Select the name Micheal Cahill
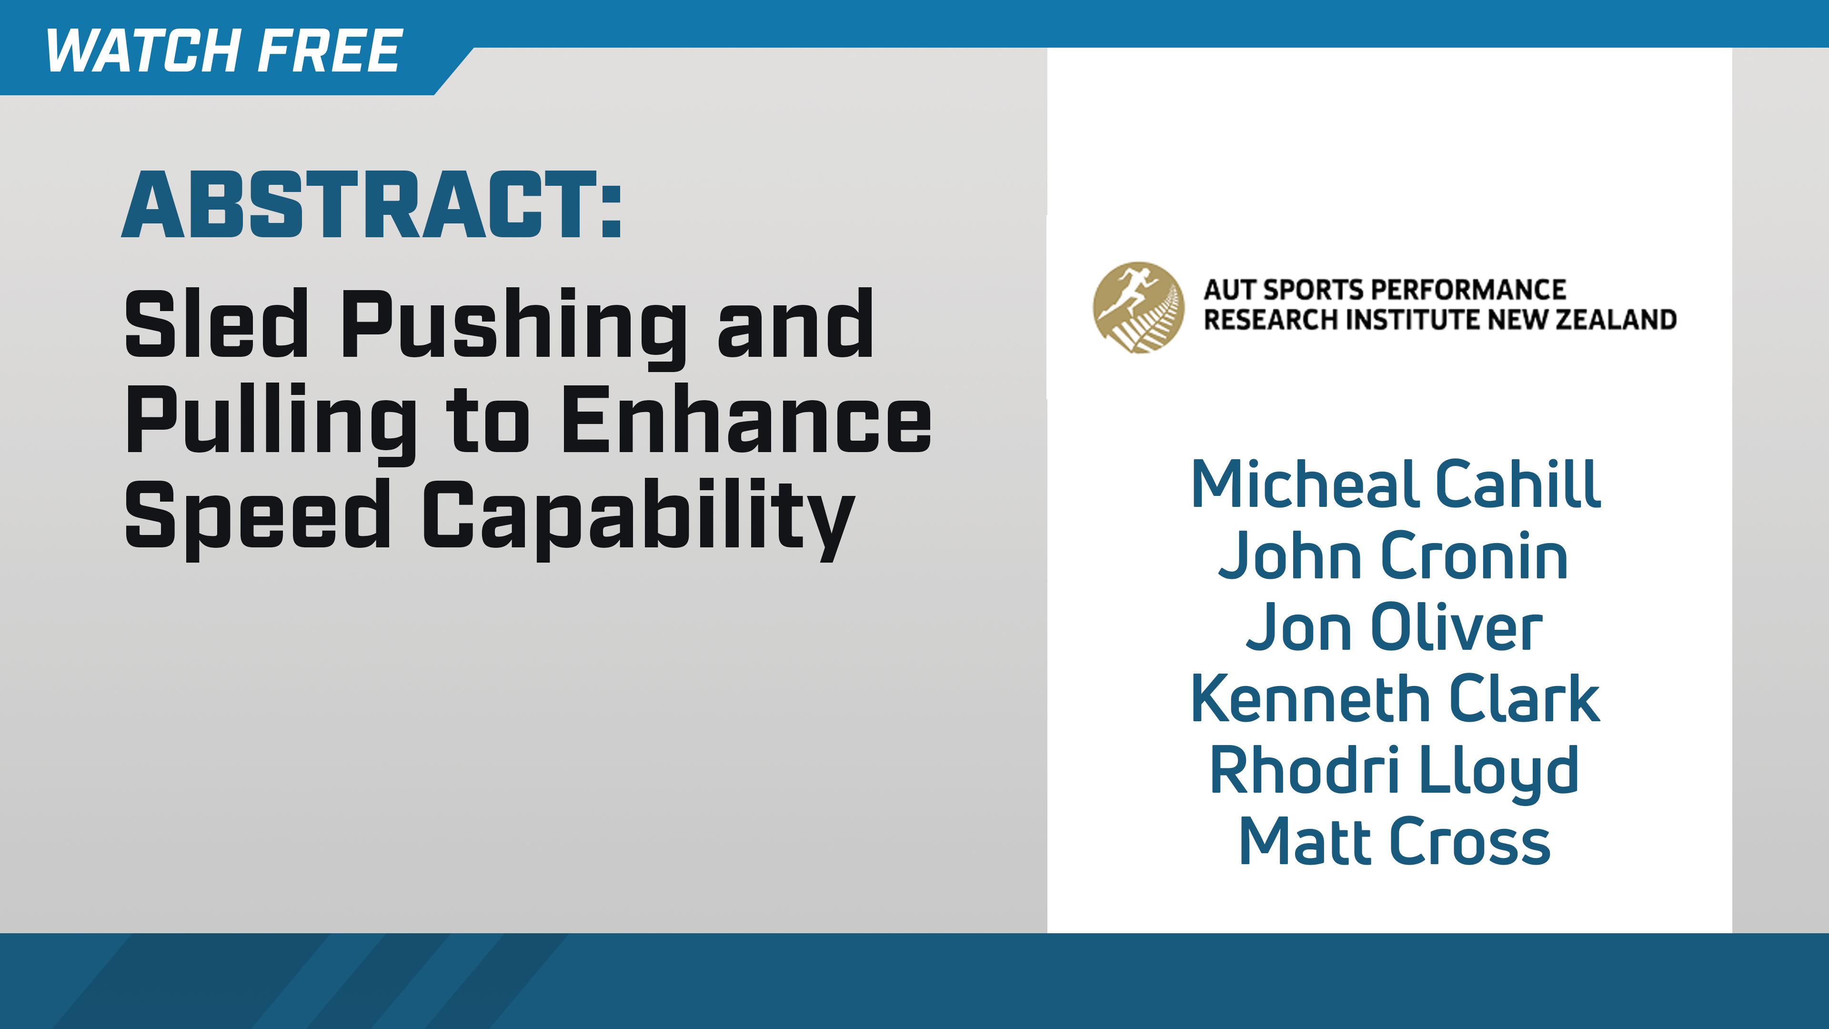[1395, 484]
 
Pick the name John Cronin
[1393, 556]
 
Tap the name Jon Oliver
[1394, 628]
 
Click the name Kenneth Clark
[1395, 699]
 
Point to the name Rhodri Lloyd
[1394, 772]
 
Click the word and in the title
[795, 325]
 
